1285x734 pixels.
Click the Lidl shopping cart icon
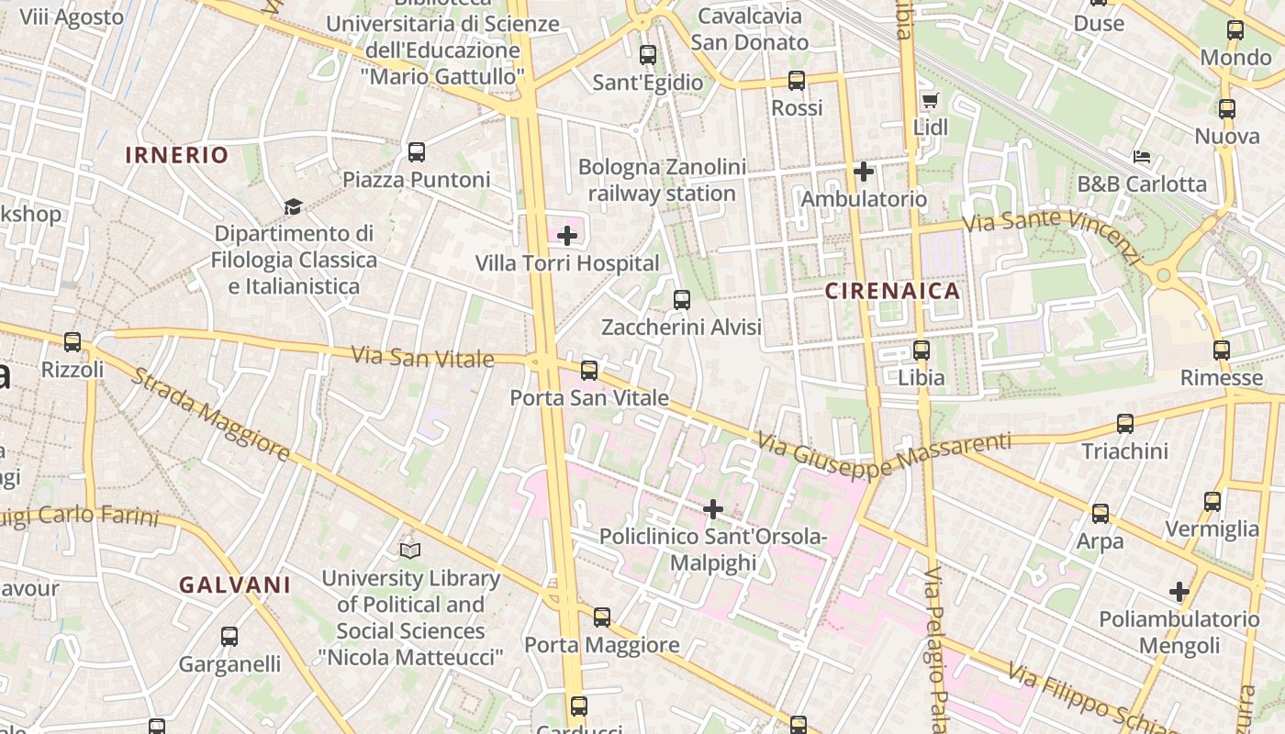click(930, 100)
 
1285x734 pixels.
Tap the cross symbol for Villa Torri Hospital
click(567, 236)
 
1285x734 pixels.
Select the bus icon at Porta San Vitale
click(589, 371)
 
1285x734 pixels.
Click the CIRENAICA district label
click(892, 291)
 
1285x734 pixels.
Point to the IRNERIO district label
click(176, 155)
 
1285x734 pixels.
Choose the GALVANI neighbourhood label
click(235, 584)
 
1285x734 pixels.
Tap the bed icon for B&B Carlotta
click(1142, 157)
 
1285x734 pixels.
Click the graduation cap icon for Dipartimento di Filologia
click(293, 206)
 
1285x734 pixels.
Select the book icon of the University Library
click(410, 550)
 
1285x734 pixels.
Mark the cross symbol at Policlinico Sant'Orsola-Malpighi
click(713, 509)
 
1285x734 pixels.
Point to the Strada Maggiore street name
click(210, 415)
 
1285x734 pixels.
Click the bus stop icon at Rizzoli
click(73, 342)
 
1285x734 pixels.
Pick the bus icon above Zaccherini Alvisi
click(681, 300)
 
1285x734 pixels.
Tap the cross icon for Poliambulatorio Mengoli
click(1179, 592)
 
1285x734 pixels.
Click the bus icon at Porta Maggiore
click(602, 617)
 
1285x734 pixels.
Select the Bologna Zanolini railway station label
click(661, 180)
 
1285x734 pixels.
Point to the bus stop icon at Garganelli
click(229, 636)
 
